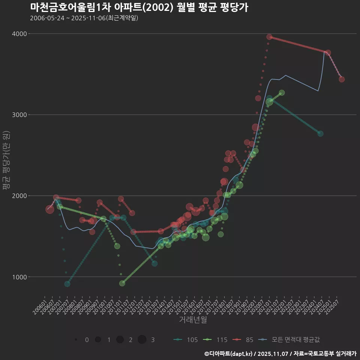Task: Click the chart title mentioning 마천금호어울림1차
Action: pos(139,7)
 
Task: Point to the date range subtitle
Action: pos(84,18)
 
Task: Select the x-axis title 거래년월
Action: pos(193,319)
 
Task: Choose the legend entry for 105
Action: pos(186,340)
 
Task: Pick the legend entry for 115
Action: pos(215,340)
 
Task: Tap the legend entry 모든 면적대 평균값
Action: pos(291,340)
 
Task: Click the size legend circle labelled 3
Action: pos(142,340)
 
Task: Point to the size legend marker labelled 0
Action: pos(76,340)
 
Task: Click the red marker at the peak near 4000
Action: pos(269,37)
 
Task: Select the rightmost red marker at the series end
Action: pos(342,79)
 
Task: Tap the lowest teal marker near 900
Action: pos(67,284)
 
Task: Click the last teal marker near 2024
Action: pos(320,133)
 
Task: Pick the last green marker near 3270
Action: pos(282,93)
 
